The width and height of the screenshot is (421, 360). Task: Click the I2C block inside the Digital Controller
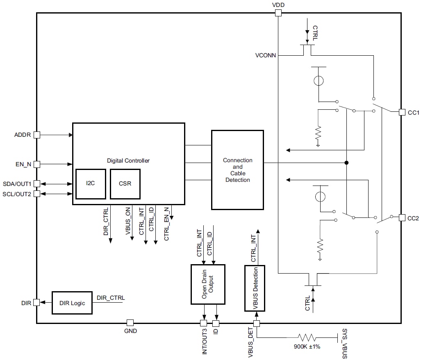tap(91, 183)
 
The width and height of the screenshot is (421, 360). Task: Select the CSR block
tap(125, 183)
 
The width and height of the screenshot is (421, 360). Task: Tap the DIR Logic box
tap(72, 303)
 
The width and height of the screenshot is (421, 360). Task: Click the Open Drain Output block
tap(208, 284)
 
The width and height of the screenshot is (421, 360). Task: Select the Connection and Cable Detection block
tap(237, 170)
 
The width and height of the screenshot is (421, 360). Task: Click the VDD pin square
tap(278, 13)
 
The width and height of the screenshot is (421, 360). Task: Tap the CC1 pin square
tap(402, 112)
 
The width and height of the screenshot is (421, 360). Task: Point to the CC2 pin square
tap(402, 217)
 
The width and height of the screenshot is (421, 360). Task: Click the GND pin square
tap(130, 323)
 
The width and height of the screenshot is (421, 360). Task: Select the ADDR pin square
tap(36, 134)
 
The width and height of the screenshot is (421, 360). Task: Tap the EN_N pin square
tap(36, 164)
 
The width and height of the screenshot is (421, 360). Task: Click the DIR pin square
tap(36, 303)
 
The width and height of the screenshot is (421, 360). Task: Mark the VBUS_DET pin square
tap(257, 324)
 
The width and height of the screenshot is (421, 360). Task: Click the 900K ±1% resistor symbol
tap(307, 337)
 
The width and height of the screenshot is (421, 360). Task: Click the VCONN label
tap(266, 55)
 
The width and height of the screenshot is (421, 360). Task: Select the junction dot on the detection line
tap(346, 163)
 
